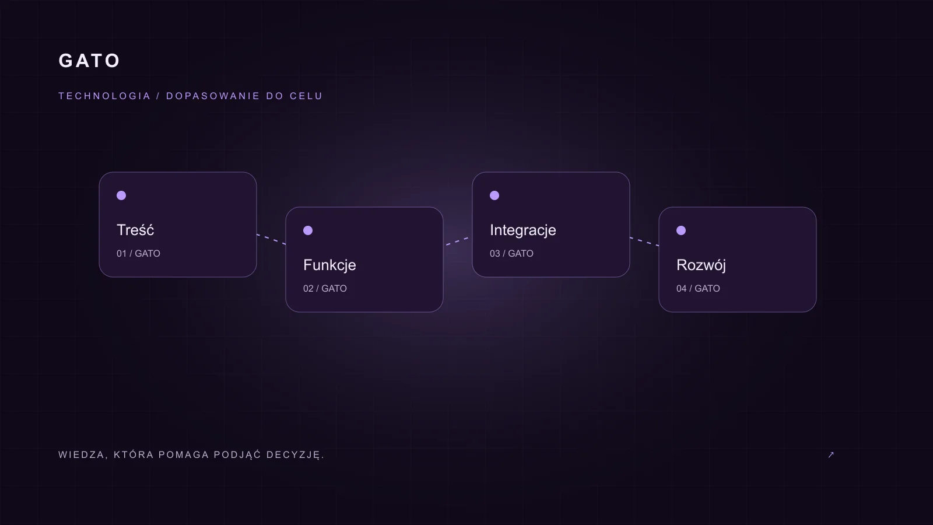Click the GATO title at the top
[x=89, y=61]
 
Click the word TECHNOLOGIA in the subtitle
[x=104, y=96]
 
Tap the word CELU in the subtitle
[x=306, y=96]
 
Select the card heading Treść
[x=135, y=230]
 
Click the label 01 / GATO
[x=138, y=253]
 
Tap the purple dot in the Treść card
[x=121, y=195]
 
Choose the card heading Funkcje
[x=329, y=265]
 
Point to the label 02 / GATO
[x=325, y=288]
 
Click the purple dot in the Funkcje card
[x=308, y=230]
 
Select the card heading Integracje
[x=522, y=230]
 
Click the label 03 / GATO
[x=511, y=253]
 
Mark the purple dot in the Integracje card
[x=494, y=195]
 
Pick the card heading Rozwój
[x=701, y=265]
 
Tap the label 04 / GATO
[x=698, y=288]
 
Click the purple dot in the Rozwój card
[x=681, y=230]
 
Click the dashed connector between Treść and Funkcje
[x=271, y=239]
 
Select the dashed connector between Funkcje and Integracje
[x=457, y=242]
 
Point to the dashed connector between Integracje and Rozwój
[x=644, y=242]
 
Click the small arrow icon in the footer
[x=831, y=454]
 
